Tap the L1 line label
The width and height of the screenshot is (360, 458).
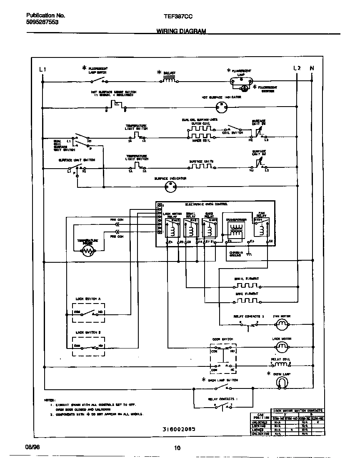(x=42, y=69)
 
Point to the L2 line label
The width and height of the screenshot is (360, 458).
(x=297, y=68)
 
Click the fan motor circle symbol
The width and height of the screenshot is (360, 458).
(x=282, y=324)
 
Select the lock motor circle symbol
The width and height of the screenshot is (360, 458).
(x=282, y=346)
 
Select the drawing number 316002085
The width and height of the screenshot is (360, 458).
(x=179, y=428)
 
